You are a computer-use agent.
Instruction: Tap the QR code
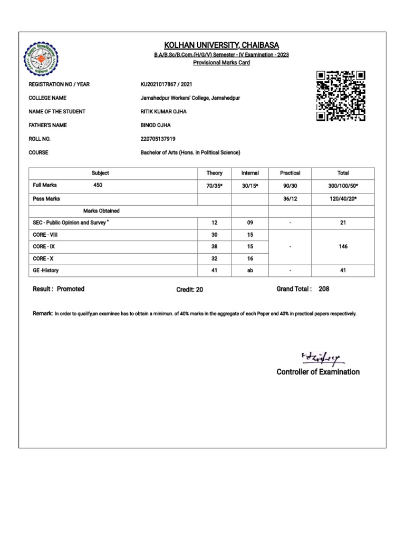pos(341,96)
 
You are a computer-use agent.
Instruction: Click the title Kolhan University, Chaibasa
pos(222,45)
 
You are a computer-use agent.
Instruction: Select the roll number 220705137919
pos(158,139)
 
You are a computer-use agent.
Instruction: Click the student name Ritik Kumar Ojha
pos(163,112)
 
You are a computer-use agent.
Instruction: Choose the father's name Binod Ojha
pos(156,126)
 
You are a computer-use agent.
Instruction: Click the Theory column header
pos(215,173)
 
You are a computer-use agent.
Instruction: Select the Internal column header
pos(250,173)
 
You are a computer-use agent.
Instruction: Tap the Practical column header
pos(290,173)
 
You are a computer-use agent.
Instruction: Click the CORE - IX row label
pos(45,246)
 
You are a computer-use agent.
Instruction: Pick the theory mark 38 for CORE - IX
pos(215,246)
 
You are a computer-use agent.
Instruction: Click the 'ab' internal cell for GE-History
pos(250,271)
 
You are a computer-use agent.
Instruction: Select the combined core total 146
pos(343,246)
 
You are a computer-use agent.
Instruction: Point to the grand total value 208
pos(324,289)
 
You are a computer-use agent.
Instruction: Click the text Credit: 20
pos(189,290)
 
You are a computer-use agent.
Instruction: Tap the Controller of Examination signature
pos(322,359)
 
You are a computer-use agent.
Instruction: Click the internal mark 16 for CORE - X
pos(250,258)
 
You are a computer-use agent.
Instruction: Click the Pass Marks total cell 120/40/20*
pos(343,199)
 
